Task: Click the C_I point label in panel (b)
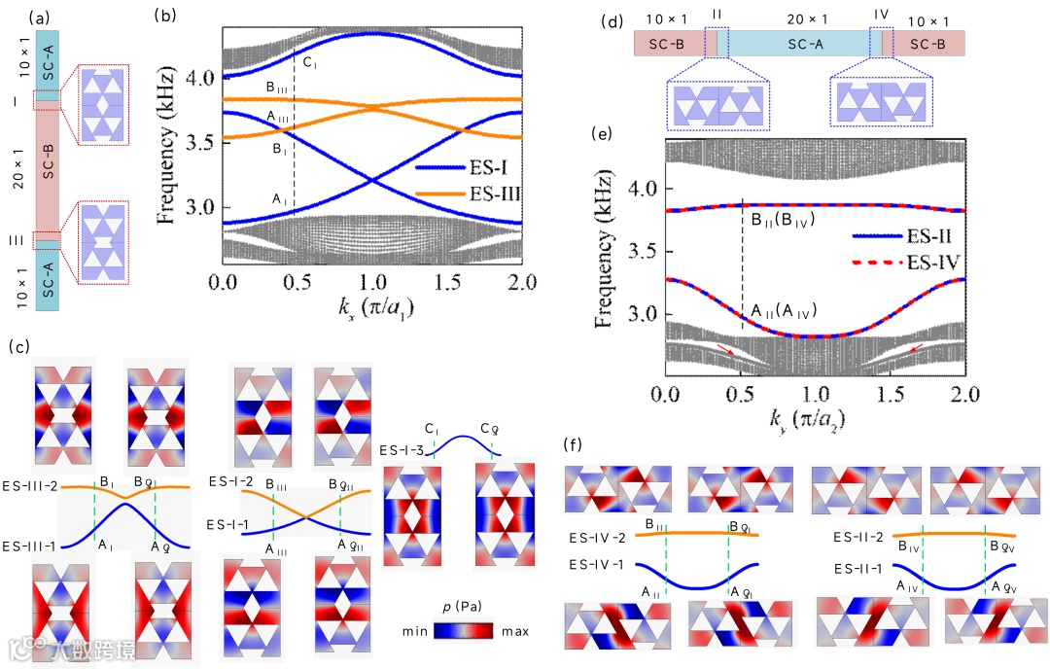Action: coord(309,64)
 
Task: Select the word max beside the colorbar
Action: coord(514,632)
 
